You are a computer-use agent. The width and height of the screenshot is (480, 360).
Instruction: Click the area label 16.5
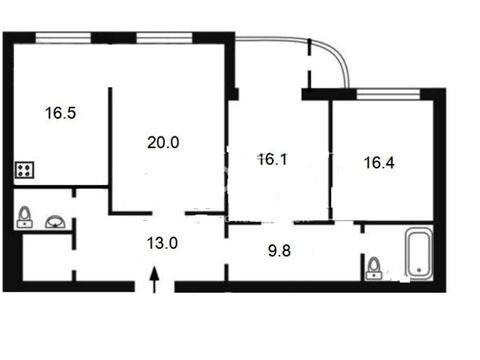[x=60, y=113]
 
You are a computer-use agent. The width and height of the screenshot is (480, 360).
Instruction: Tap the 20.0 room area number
[x=163, y=142]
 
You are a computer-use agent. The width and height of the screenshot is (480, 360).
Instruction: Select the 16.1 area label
[x=273, y=159]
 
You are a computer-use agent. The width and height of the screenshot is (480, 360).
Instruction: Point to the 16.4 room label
[x=379, y=163]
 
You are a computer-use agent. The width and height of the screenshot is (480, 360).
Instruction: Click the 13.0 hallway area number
[x=162, y=243]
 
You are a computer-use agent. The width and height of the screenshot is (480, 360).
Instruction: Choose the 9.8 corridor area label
[x=279, y=250]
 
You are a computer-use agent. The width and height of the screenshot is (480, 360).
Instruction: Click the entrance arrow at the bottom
[x=154, y=279]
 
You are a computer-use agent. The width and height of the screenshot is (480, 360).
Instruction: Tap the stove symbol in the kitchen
[x=24, y=170]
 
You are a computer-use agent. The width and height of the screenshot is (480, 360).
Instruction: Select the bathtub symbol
[x=419, y=253]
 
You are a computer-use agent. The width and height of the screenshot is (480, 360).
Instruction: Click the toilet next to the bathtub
[x=375, y=268]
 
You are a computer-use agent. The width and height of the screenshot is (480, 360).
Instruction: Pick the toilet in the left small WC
[x=25, y=217]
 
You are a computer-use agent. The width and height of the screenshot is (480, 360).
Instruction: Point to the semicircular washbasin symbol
[x=56, y=222]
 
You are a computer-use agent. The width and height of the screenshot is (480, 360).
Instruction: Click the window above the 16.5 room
[x=63, y=38]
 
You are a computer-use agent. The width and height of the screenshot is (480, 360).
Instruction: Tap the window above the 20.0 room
[x=164, y=38]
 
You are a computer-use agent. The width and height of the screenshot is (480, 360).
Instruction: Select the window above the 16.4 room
[x=388, y=94]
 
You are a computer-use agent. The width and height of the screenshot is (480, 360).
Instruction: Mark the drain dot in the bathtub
[x=419, y=269]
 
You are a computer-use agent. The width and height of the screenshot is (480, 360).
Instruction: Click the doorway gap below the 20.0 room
[x=169, y=213]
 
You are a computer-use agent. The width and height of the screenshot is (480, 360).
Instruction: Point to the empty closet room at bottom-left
[x=47, y=257]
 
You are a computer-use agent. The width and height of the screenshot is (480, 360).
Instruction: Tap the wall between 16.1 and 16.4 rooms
[x=330, y=159]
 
